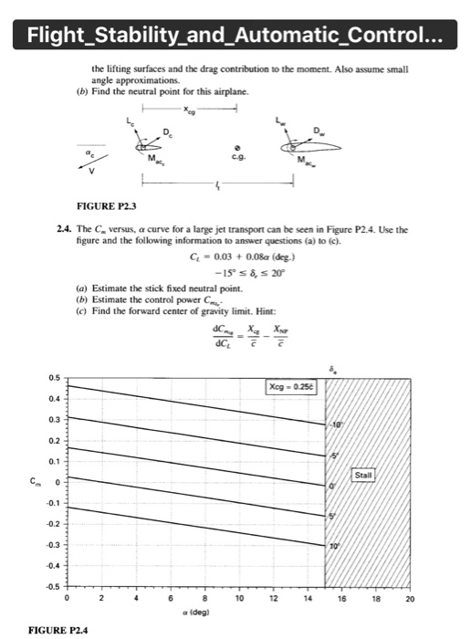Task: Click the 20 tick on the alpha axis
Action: (411, 600)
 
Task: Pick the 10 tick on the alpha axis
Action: (239, 600)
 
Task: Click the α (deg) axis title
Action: (204, 612)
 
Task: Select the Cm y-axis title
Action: (30, 481)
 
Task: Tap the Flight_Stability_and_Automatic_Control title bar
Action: (235, 36)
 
